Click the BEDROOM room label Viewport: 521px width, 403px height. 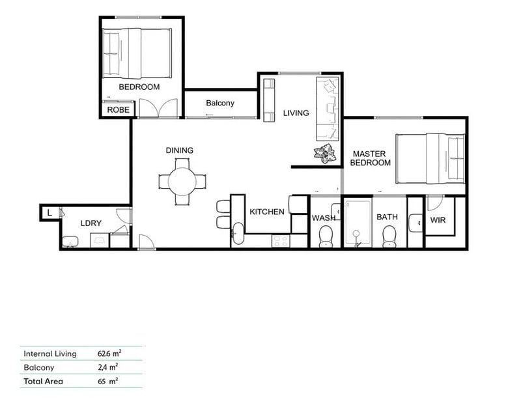(x=139, y=87)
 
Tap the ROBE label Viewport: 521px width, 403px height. (x=118, y=110)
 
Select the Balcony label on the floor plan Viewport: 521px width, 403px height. (x=220, y=103)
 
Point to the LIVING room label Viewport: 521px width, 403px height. (x=296, y=113)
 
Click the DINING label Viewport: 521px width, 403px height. (x=179, y=150)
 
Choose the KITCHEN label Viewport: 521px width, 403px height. (x=267, y=212)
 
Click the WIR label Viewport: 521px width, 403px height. (x=438, y=220)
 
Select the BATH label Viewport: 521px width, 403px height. (x=387, y=217)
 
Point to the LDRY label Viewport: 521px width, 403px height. (x=91, y=223)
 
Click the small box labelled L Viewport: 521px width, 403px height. (x=49, y=212)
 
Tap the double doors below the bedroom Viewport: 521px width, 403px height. (x=159, y=108)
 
